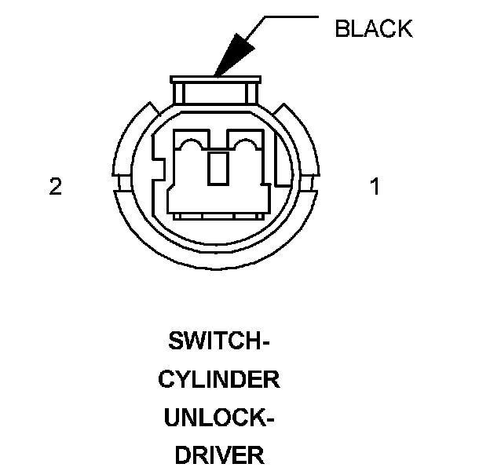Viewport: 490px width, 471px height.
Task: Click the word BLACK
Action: (373, 29)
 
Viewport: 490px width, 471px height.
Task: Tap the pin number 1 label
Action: (375, 188)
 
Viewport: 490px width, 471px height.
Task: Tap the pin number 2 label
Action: (55, 188)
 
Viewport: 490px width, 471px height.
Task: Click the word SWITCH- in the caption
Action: (219, 341)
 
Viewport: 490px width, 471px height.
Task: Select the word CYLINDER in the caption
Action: (219, 380)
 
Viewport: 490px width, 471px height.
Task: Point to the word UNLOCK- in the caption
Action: (219, 418)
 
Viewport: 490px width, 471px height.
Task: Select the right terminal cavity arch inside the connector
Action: (246, 144)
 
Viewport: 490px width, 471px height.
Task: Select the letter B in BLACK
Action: (341, 29)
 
